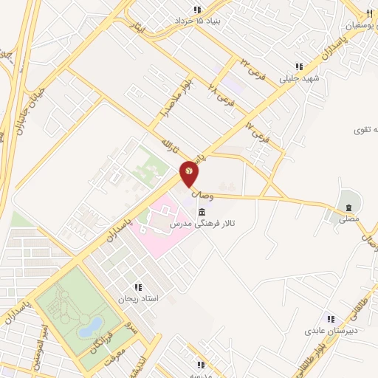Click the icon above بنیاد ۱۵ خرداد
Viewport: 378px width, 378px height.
point(197,10)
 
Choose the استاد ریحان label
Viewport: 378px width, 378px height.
point(139,299)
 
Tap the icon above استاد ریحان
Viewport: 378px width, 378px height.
point(138,288)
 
